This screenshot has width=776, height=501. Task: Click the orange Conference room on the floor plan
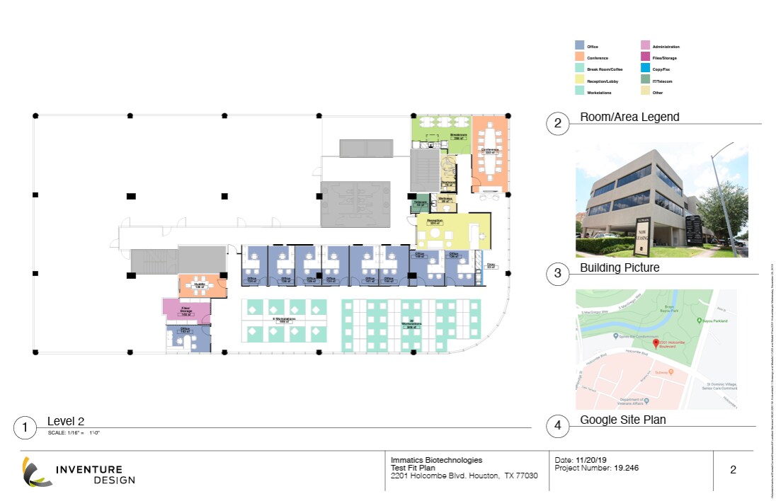(490, 152)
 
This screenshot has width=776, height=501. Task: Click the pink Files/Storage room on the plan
(187, 309)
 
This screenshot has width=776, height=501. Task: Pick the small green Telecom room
(420, 205)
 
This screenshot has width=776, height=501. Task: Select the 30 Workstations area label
(410, 325)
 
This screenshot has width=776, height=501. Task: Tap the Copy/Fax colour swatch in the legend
(644, 69)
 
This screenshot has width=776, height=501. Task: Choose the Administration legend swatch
(644, 46)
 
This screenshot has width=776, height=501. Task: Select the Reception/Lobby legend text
(603, 81)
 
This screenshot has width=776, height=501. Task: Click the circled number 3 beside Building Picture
(558, 273)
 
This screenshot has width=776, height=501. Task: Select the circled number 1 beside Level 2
(25, 427)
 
